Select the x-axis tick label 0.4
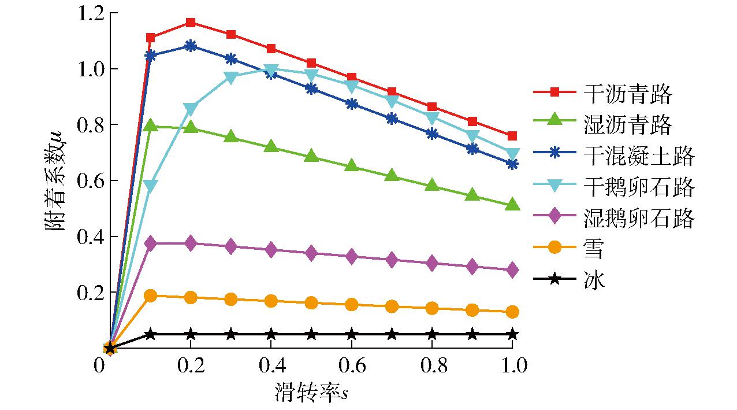[x=271, y=365]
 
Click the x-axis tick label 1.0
[x=512, y=365]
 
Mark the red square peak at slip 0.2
[x=191, y=23]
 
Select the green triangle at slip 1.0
[x=512, y=205]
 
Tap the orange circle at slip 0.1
[x=151, y=296]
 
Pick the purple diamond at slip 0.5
[x=311, y=253]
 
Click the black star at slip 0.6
[x=351, y=334]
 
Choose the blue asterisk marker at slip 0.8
[x=431, y=134]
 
